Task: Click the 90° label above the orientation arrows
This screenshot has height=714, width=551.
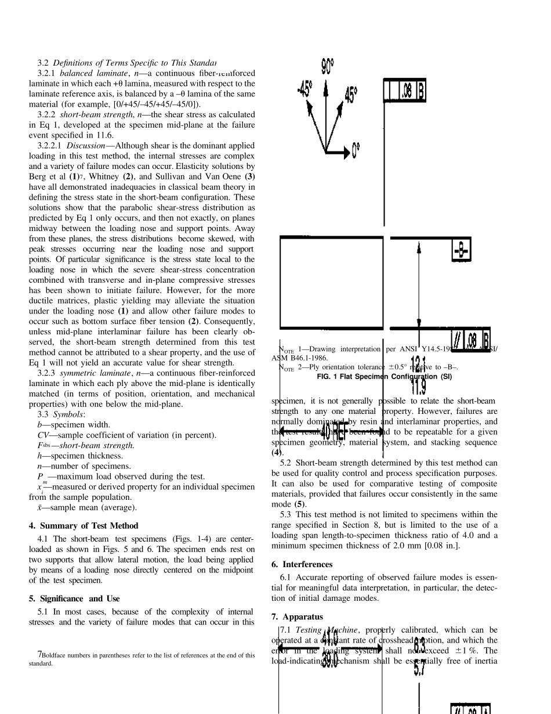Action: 327,66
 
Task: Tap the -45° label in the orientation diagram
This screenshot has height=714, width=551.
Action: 305,89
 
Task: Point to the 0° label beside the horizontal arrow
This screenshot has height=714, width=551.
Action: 356,152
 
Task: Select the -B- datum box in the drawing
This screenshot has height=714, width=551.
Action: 461,251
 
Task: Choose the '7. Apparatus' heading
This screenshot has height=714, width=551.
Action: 297,616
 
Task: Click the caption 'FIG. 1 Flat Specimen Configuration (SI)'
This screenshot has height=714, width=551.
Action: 384,377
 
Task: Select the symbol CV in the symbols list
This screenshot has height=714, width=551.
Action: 42,435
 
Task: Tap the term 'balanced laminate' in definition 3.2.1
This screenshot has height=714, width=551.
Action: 86,73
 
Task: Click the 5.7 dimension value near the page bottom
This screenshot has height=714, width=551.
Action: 419,669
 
